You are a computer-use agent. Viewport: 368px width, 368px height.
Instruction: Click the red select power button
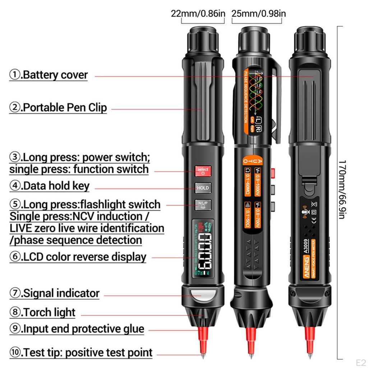203,171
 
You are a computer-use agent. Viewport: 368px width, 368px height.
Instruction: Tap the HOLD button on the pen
203,188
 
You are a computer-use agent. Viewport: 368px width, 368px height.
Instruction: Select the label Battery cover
49,75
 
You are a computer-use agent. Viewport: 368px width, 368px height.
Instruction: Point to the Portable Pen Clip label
58,107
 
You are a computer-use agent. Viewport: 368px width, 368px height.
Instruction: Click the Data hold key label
50,186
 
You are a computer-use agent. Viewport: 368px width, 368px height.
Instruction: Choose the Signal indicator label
54,293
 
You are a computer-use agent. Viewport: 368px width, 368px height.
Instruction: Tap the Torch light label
42,312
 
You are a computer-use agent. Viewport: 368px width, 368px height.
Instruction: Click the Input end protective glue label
77,329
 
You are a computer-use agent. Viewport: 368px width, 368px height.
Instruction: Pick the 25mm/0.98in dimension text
259,14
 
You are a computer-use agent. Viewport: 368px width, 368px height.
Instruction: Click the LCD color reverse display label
78,257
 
